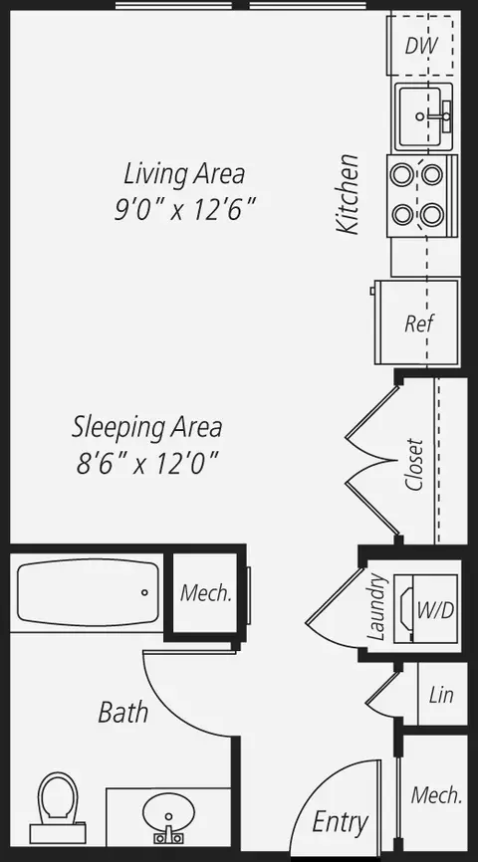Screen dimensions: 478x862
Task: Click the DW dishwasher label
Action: point(421,46)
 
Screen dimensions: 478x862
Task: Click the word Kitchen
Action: point(349,194)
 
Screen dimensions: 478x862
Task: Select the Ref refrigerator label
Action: point(419,323)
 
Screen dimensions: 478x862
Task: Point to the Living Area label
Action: point(184,174)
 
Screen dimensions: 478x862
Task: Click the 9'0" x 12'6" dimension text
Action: point(185,209)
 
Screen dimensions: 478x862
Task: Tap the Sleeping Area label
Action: point(147,427)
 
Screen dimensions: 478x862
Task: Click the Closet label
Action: point(414,464)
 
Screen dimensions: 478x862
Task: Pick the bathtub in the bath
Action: point(88,592)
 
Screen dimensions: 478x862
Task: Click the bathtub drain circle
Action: point(144,592)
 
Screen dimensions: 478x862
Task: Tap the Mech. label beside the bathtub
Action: point(206,592)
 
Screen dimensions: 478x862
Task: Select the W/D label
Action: point(435,609)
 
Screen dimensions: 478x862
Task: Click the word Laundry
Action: point(376,607)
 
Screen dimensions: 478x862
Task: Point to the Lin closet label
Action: point(442,695)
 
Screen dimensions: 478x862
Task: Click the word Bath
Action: point(123,712)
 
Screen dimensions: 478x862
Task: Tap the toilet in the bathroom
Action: point(57,807)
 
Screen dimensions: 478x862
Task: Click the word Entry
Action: point(340,823)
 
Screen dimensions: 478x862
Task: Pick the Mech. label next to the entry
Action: point(436,795)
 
